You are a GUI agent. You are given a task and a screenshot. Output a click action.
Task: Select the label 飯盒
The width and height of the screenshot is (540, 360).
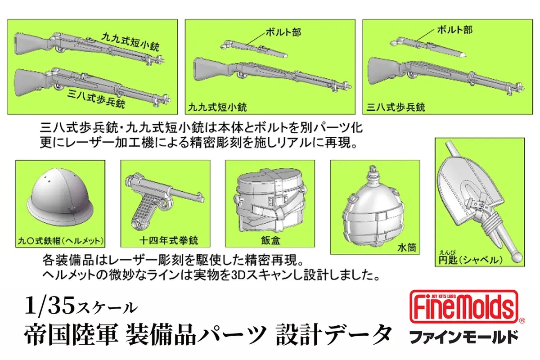click(270, 241)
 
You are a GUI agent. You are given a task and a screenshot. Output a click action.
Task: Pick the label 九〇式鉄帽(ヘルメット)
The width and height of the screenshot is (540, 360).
click(60, 242)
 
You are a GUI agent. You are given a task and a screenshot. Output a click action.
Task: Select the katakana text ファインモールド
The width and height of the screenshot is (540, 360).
click(463, 336)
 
